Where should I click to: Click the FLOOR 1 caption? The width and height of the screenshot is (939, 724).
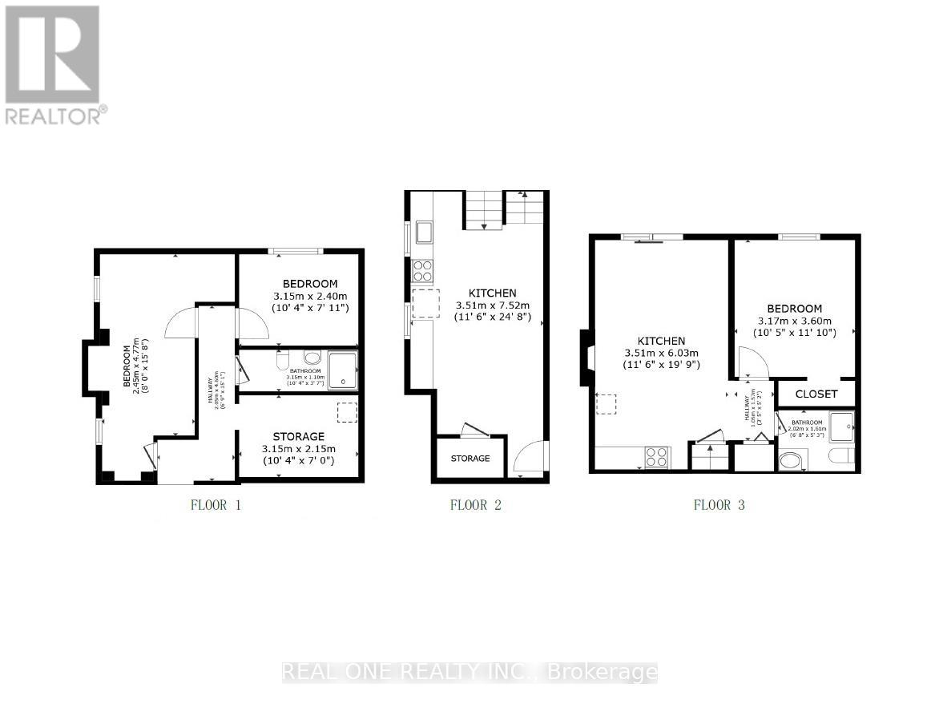[x=216, y=505]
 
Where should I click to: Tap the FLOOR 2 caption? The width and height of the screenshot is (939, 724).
[x=475, y=505]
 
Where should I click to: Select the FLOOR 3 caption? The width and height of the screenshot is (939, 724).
[x=719, y=505]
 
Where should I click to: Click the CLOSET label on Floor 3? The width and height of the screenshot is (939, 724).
[x=817, y=394]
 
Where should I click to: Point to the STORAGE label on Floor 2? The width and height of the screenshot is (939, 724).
[x=469, y=459]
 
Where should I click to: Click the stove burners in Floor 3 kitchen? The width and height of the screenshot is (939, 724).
[x=657, y=457]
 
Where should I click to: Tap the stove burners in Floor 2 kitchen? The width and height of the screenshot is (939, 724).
[x=422, y=270]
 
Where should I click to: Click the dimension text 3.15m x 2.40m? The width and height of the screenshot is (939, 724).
[x=309, y=296]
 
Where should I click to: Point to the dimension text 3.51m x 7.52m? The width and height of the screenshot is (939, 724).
[x=493, y=305]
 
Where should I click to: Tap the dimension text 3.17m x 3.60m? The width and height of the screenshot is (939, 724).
[x=794, y=321]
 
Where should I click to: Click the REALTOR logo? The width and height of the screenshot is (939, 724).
[x=54, y=64]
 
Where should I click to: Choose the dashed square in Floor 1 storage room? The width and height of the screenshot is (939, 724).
[x=347, y=411]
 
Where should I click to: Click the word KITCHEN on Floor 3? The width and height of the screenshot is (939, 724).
[x=661, y=341]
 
